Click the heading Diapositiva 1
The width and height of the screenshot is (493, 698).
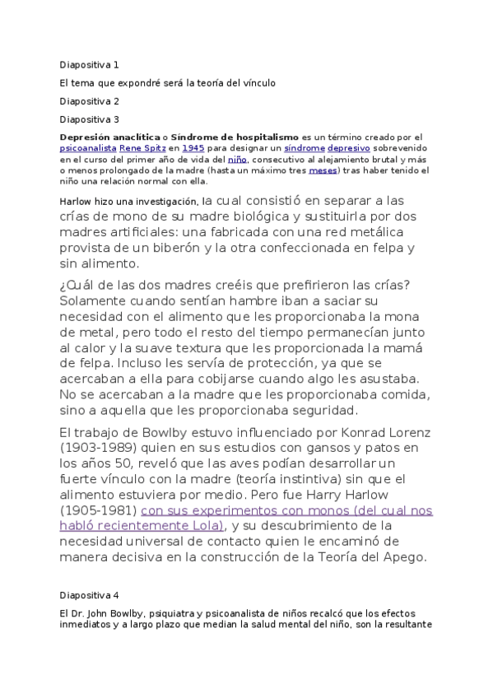90,64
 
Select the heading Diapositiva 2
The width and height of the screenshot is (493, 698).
90,101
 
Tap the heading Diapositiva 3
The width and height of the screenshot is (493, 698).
90,119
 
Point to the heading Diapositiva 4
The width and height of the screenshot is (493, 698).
90,594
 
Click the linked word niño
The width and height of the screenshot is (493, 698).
238,159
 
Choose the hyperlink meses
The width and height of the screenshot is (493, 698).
322,170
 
